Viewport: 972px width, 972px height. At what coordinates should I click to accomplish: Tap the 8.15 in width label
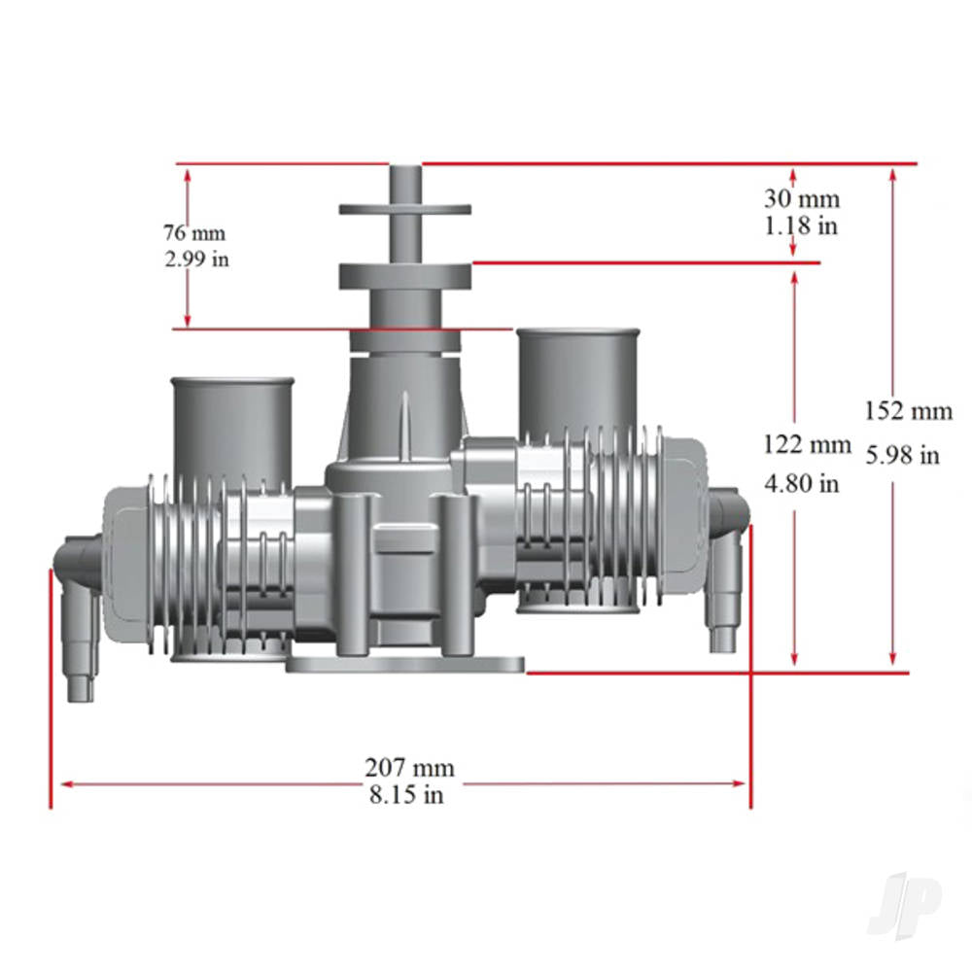coord(406,795)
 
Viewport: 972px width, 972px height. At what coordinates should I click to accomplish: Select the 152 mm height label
coord(909,411)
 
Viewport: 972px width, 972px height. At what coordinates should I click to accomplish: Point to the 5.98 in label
coord(902,454)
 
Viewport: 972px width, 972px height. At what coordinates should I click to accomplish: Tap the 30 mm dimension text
coord(802,199)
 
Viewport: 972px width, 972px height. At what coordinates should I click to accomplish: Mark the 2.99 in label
coord(196,260)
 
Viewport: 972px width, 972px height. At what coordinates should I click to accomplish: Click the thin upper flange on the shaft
coord(405,209)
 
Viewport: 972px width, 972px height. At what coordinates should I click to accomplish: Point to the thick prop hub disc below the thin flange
coord(405,275)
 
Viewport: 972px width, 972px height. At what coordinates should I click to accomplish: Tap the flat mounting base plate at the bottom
coord(405,665)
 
